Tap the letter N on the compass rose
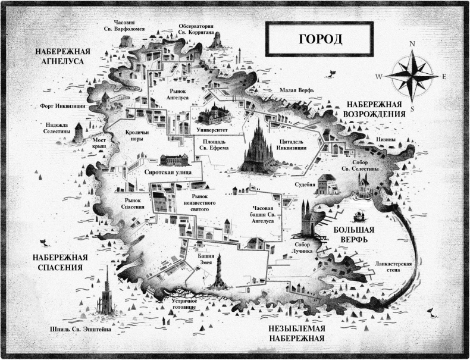[x=411, y=43]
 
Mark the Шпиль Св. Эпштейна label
[x=76, y=328]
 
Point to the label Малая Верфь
[x=296, y=90]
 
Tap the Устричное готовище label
[x=184, y=305]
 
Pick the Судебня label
[x=305, y=185]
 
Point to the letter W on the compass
[x=379, y=77]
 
